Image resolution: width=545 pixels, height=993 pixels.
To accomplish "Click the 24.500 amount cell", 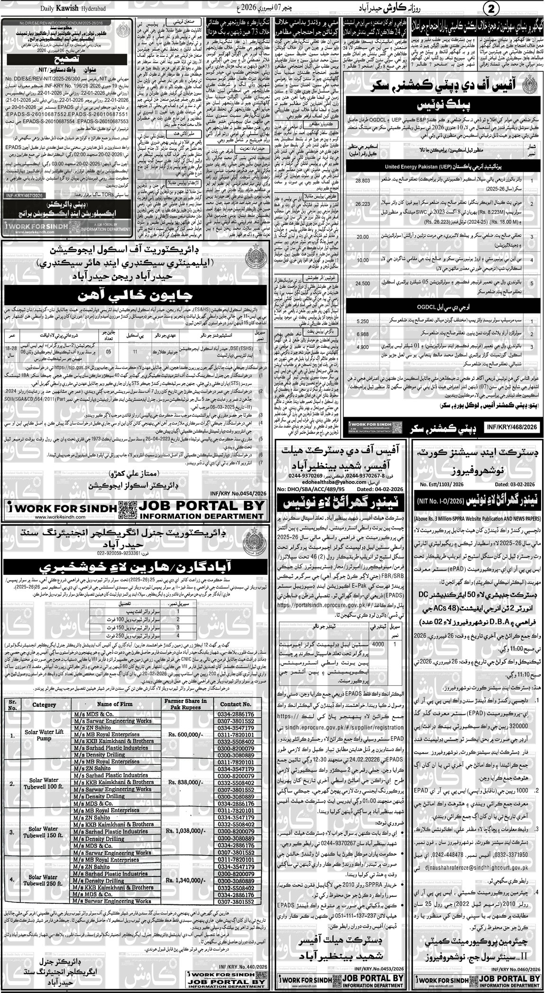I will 362,283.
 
